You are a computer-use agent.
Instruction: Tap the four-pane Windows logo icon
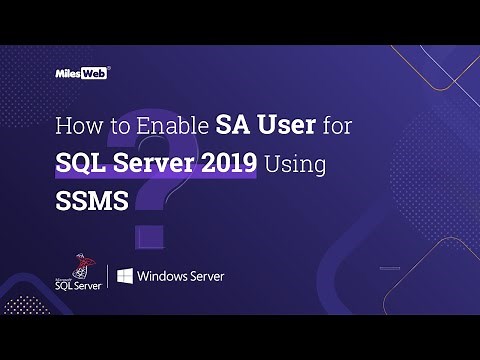(x=125, y=276)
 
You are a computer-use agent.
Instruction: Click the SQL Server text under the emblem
(x=78, y=286)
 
